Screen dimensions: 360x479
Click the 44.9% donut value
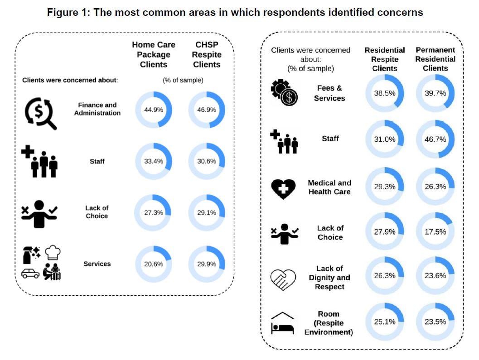point(154,110)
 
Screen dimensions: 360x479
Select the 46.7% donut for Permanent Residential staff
point(435,139)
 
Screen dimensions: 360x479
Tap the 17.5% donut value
point(435,231)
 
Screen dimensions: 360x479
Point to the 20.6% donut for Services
point(154,264)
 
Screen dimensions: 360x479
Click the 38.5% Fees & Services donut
point(385,93)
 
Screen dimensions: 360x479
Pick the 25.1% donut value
point(385,322)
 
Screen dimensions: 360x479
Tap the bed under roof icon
point(282,323)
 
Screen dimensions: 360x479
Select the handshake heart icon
point(283,278)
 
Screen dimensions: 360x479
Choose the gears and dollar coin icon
point(283,93)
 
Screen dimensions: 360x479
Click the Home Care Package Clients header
point(154,54)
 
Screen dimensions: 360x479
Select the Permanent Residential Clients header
point(435,59)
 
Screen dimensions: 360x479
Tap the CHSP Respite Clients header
point(207,54)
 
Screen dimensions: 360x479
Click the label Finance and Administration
point(97,109)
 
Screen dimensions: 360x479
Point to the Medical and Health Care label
point(329,187)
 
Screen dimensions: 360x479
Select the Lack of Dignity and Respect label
point(329,278)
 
